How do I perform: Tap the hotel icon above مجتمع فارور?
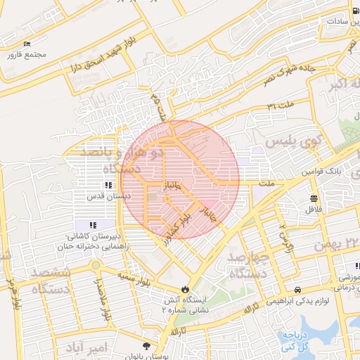(27, 44)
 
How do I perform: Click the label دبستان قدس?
(108, 196)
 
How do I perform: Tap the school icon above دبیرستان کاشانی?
(92, 224)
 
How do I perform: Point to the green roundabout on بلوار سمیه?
(94, 266)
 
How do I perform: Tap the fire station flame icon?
(185, 288)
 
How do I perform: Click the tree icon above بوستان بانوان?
(146, 345)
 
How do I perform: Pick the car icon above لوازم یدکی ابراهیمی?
(297, 290)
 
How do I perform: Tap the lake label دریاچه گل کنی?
(297, 341)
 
